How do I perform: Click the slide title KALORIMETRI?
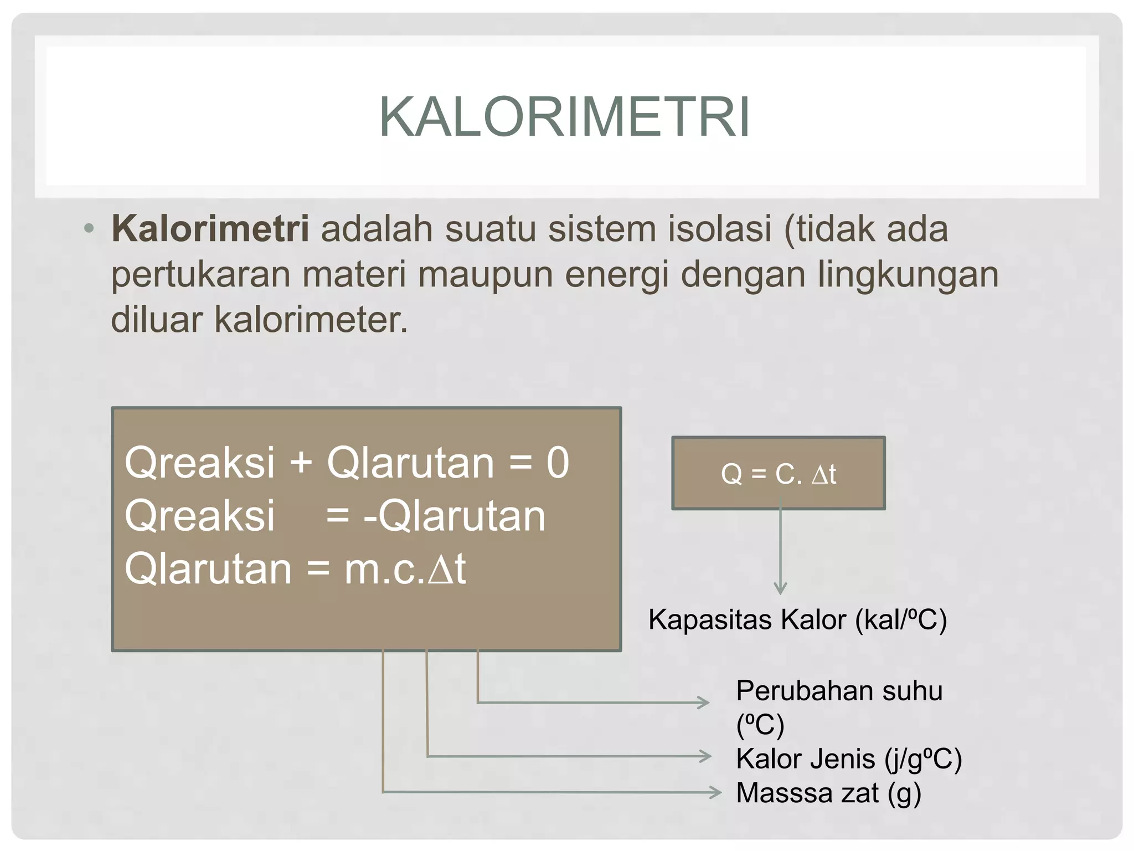[565, 117]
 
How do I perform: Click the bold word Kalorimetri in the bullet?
[210, 228]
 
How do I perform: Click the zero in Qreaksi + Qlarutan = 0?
[558, 463]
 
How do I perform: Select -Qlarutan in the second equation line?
[454, 516]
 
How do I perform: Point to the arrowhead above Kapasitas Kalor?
[780, 588]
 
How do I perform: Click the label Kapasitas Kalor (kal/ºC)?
[797, 619]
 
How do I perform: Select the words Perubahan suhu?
[838, 691]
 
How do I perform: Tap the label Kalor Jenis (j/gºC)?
[848, 758]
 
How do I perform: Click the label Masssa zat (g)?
[828, 793]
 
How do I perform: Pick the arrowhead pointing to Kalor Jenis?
[706, 756]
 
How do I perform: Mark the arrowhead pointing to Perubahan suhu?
[704, 703]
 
